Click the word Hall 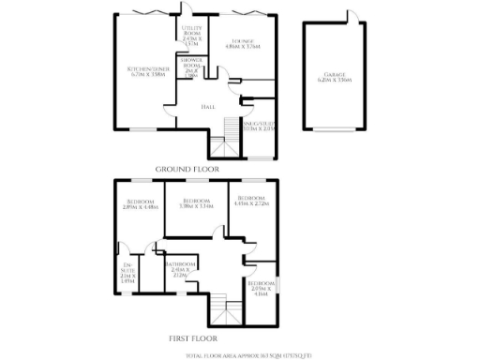pos(209,106)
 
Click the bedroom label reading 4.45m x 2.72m pos(252,201)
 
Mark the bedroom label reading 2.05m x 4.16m pos(262,287)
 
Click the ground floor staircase pos(220,146)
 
